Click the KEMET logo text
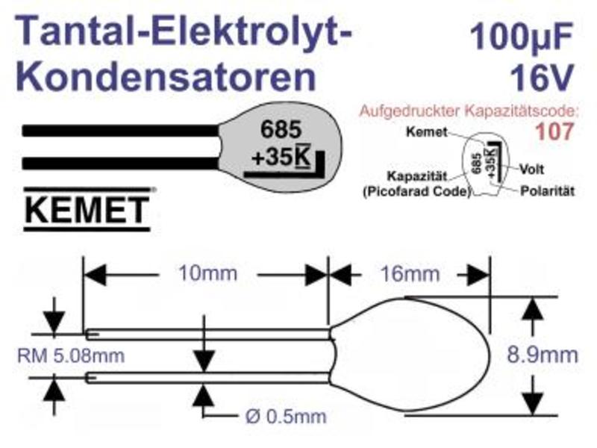pos(87,210)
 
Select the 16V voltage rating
pos(542,77)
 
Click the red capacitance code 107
pos(554,131)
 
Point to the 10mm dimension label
pos(208,273)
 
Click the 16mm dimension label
pos(410,274)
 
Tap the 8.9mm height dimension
pos(543,355)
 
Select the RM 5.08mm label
pos(71,356)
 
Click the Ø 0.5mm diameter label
pos(286,417)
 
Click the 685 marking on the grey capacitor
pos(281,129)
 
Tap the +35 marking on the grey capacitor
pos(272,157)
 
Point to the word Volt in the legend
pos(531,169)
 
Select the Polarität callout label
pos(547,191)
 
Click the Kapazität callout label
pos(417,176)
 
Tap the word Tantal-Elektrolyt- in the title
pos(184,31)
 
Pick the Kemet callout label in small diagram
pos(426,132)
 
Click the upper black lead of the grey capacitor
pos(121,131)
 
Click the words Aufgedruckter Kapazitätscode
pos(469,111)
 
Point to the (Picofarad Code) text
pos(417,191)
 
